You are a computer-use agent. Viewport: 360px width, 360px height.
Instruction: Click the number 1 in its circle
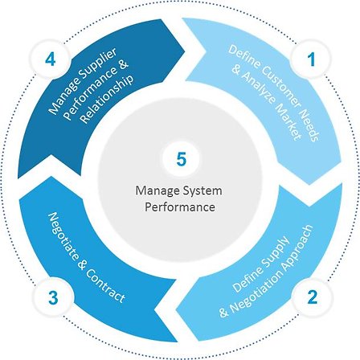[x=311, y=59]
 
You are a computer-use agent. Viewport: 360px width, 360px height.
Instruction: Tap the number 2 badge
[x=313, y=297]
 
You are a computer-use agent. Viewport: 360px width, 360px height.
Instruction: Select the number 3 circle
[x=53, y=297]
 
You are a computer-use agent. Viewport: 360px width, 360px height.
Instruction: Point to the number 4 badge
[x=51, y=59]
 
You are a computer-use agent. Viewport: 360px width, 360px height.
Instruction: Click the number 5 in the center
[x=182, y=159]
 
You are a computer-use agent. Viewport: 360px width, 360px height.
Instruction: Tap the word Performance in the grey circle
[x=180, y=207]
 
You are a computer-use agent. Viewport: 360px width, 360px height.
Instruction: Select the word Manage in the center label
[x=157, y=191]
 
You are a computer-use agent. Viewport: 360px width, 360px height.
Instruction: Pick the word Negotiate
[x=62, y=235]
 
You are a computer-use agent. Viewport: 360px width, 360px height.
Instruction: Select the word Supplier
[x=100, y=64]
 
